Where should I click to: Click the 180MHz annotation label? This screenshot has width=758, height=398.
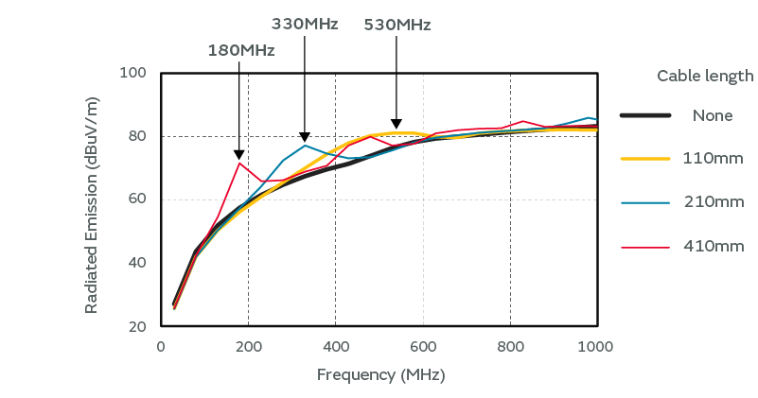[241, 50]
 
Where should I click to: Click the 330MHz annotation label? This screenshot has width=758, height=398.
[305, 24]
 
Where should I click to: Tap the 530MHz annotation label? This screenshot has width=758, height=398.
[397, 26]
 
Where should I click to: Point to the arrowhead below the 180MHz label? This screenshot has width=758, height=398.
[239, 154]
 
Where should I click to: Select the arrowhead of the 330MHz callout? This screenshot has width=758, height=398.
[305, 137]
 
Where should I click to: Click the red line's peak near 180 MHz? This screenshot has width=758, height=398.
[239, 163]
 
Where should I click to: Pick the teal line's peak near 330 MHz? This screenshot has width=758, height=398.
[305, 145]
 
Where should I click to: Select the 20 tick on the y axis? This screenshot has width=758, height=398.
[137, 326]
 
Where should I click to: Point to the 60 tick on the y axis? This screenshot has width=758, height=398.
[137, 199]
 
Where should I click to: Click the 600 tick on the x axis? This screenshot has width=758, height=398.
[423, 346]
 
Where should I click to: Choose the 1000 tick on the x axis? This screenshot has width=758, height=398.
[596, 346]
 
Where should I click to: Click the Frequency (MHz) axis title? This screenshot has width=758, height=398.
[380, 374]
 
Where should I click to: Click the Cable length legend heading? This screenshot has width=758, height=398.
[705, 76]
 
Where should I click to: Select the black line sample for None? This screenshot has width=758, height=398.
[645, 115]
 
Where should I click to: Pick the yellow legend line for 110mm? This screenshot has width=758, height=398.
[645, 158]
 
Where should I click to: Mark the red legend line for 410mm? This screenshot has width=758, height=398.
[645, 246]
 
